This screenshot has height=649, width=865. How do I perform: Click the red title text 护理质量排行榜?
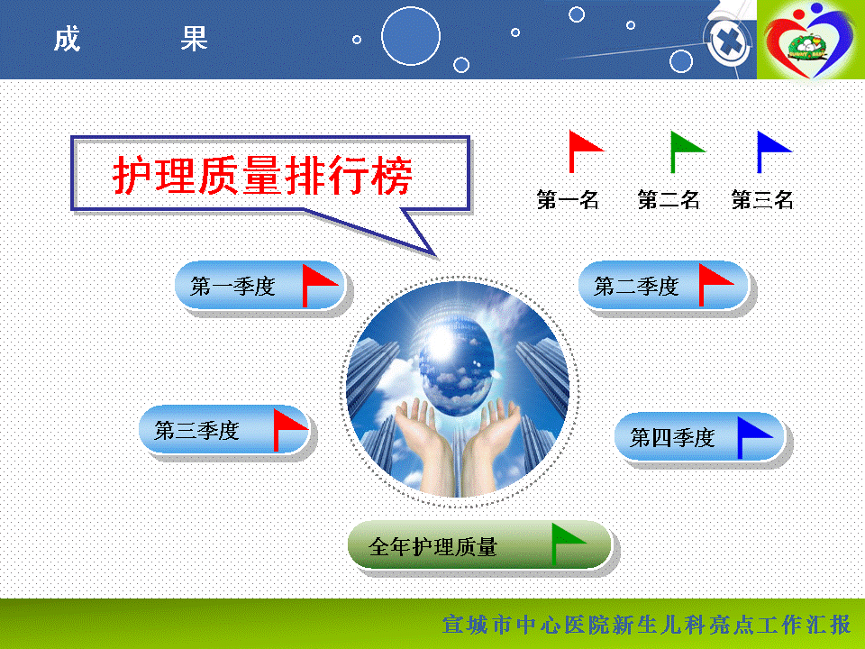262,176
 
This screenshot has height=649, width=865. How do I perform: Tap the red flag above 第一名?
586,151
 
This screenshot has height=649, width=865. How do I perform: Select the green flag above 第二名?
687,151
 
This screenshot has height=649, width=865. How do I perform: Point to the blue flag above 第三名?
774,151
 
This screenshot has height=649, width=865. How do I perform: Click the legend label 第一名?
569,199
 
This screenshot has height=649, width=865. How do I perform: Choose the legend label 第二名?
669,199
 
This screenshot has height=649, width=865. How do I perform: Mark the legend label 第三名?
762,199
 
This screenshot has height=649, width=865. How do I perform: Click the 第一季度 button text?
232,286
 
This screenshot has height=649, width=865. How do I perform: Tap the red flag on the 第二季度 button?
716,285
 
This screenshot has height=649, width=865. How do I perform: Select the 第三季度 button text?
197,431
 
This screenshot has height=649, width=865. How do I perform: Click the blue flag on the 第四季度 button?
755,438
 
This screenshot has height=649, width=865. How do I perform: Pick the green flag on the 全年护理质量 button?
569,544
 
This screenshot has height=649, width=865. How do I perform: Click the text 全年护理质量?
433,547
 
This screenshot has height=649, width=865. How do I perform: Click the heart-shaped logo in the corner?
810,37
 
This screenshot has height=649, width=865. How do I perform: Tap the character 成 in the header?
68,39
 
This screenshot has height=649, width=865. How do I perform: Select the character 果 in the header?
195,39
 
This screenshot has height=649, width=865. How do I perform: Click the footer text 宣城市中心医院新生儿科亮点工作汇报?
647,625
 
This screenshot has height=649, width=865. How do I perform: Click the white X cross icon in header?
729,42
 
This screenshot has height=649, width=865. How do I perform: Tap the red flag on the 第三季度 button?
291,430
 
